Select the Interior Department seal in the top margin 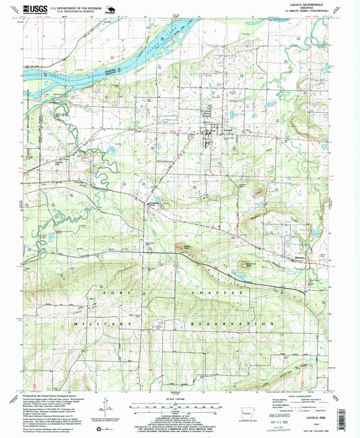(x=111, y=9)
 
